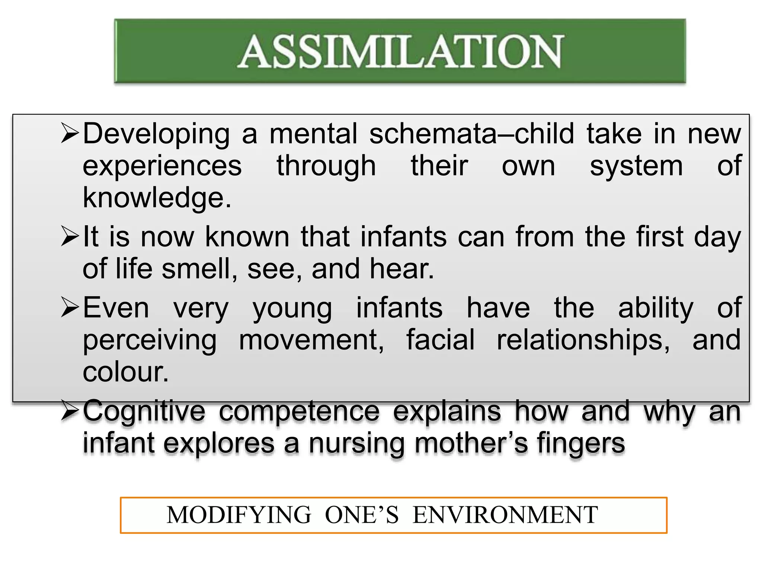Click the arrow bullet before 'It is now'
tap(70, 237)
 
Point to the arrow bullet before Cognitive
tap(70, 412)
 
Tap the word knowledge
tap(156, 198)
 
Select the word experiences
tap(162, 166)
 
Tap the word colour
tap(126, 372)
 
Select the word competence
tap(299, 412)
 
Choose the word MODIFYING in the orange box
tap(238, 515)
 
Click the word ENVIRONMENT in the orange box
tap(505, 515)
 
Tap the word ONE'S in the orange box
tap(362, 515)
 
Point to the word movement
tap(311, 341)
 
